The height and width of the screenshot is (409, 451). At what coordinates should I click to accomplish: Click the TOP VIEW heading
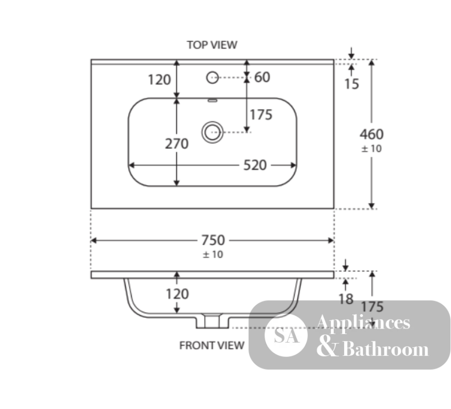[212, 45]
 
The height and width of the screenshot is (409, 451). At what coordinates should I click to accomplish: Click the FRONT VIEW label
[212, 345]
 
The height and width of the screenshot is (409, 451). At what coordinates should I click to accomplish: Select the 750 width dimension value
[213, 240]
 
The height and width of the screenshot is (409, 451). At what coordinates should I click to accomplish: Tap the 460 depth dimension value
[372, 134]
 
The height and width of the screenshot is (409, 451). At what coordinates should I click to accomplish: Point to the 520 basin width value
[255, 165]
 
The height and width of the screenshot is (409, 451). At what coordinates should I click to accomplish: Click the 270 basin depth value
[177, 144]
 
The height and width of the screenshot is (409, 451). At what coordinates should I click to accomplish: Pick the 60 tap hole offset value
[262, 77]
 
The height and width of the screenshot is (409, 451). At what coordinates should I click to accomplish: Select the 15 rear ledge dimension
[351, 84]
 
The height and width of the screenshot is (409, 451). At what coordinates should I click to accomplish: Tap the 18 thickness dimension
[346, 299]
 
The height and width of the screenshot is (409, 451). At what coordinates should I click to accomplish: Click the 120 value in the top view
[159, 80]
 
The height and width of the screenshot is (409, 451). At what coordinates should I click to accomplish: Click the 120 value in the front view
[177, 294]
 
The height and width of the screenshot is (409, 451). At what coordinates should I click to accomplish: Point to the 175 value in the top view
[261, 115]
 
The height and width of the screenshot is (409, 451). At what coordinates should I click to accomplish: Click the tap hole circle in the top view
[212, 78]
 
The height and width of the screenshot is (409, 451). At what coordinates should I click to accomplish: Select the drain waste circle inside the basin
[212, 132]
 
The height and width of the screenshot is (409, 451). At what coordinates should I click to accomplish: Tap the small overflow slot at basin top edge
[212, 100]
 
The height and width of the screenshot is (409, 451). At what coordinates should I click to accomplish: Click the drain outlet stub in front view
[212, 321]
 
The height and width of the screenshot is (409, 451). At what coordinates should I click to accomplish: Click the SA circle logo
[286, 335]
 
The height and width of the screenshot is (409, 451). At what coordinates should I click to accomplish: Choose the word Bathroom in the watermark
[386, 349]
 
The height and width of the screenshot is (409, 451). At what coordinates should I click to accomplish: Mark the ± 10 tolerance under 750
[213, 255]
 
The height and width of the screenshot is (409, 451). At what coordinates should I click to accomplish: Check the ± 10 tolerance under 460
[371, 149]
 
